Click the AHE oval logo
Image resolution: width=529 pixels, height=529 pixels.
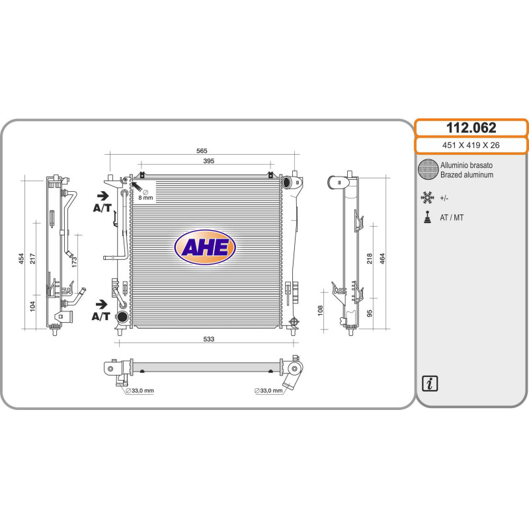click(205, 247)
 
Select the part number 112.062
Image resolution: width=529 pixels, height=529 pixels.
click(471, 128)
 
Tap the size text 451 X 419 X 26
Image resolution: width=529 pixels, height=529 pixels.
click(471, 145)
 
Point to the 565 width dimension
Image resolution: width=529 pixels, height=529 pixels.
click(202, 151)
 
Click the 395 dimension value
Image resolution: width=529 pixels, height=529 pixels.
click(208, 161)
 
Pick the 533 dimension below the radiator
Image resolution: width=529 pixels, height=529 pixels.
click(208, 339)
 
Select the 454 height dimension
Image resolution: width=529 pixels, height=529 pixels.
click(21, 259)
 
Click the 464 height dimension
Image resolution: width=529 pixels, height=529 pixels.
click(382, 259)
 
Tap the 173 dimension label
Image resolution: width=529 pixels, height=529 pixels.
click(74, 262)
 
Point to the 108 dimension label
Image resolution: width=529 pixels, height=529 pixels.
click(320, 310)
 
